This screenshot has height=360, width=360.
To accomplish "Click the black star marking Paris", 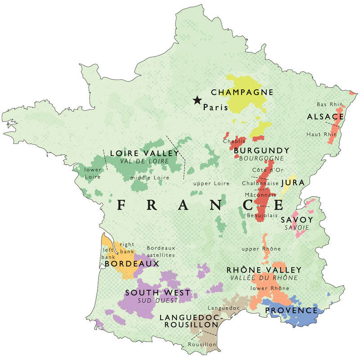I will (197, 100).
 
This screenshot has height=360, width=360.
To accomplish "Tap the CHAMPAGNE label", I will (242, 92).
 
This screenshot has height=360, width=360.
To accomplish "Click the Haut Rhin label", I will (321, 134).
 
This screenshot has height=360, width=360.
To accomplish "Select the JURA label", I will (293, 183).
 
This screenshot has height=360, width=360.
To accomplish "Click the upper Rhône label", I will (261, 249).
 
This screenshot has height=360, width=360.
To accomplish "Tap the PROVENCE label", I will (291, 310).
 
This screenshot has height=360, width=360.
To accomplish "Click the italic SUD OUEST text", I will (157, 301).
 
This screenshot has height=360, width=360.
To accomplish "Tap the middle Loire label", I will (150, 178).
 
